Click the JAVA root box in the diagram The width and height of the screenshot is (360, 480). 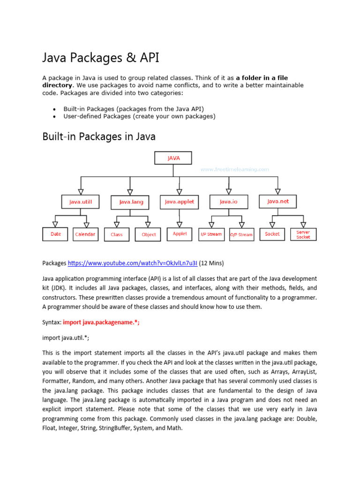click(x=173, y=158)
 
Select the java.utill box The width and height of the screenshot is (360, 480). click(x=81, y=202)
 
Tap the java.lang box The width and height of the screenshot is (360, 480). click(x=131, y=202)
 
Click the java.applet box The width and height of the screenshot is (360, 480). click(x=179, y=202)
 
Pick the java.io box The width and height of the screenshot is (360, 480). click(x=228, y=202)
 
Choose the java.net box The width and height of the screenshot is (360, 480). click(x=278, y=202)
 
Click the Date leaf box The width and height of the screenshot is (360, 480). click(x=56, y=234)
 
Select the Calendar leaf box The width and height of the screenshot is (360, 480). click(x=85, y=234)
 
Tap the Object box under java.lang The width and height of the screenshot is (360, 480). click(x=149, y=234)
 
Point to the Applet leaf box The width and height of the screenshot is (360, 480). click(x=180, y=233)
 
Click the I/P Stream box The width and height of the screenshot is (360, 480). click(x=211, y=234)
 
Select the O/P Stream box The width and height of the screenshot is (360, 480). click(x=241, y=234)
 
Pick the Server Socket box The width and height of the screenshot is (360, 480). click(x=303, y=234)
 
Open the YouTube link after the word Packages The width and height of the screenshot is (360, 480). click(x=133, y=262)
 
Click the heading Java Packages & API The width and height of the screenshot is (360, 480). click(x=101, y=58)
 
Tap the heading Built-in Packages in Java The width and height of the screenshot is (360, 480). click(x=99, y=136)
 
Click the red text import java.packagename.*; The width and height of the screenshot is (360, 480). click(x=101, y=323)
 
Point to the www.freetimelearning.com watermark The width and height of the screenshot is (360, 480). click(x=234, y=169)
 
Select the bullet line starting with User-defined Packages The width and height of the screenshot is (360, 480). click(x=139, y=116)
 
